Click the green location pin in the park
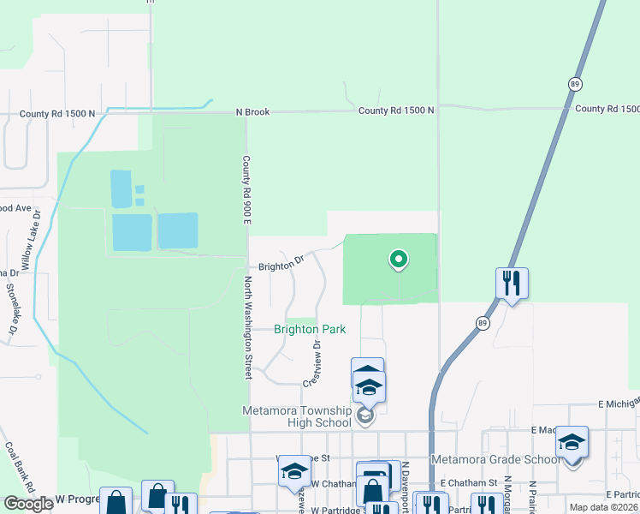pyautogui.click(x=397, y=258)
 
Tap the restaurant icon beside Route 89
pyautogui.click(x=512, y=283)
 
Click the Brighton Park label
pyautogui.click(x=309, y=329)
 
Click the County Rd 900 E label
pyautogui.click(x=246, y=191)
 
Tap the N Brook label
pyautogui.click(x=254, y=111)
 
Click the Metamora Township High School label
pyautogui.click(x=298, y=416)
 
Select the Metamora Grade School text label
pyautogui.click(x=495, y=459)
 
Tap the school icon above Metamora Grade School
pyautogui.click(x=572, y=442)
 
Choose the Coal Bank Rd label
pyautogui.click(x=20, y=467)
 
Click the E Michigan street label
pyautogui.click(x=618, y=403)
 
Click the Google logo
pyautogui.click(x=28, y=504)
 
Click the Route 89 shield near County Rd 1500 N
pyautogui.click(x=573, y=82)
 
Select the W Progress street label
pyautogui.click(x=72, y=499)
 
